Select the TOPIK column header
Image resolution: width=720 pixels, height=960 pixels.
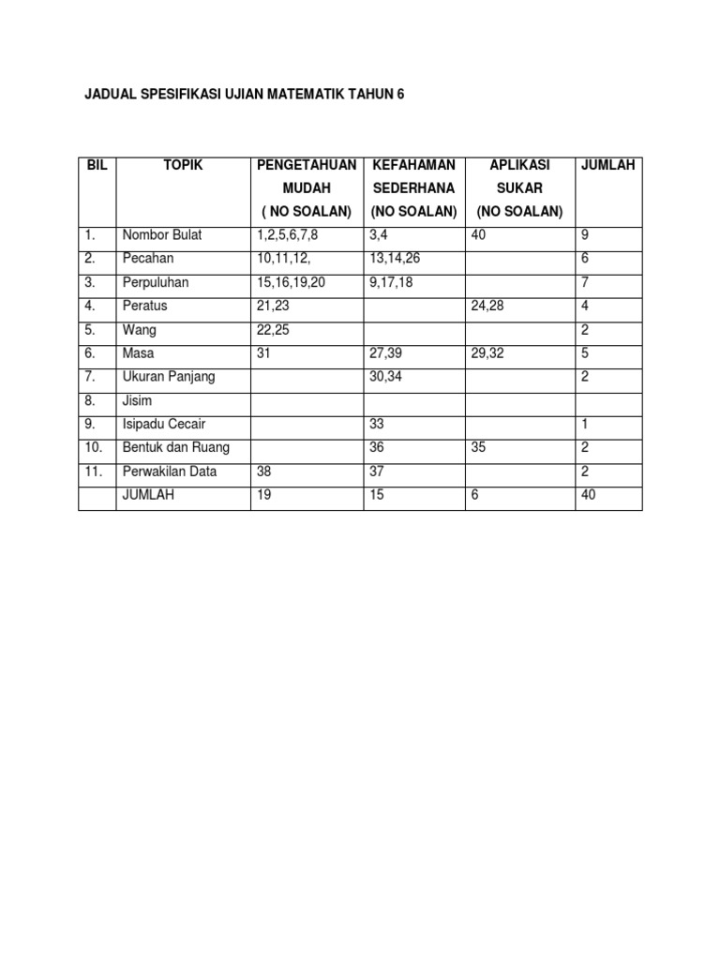(183, 165)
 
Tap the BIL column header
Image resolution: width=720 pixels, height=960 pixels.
(97, 165)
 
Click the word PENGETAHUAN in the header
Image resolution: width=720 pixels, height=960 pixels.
(307, 165)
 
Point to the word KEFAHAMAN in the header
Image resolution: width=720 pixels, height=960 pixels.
(413, 165)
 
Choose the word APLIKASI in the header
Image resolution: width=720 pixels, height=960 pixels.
(520, 165)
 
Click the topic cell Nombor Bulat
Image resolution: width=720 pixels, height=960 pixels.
(162, 234)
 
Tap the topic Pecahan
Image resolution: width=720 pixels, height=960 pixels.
(148, 258)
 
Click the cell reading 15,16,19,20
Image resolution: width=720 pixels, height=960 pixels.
(291, 282)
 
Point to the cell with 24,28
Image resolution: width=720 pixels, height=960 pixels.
(489, 306)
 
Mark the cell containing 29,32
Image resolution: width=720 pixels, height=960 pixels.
(489, 352)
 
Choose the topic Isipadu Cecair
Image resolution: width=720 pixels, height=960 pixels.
(164, 424)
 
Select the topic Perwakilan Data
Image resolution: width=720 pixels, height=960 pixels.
(169, 472)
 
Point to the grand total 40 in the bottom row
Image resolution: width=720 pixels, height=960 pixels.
(589, 495)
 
